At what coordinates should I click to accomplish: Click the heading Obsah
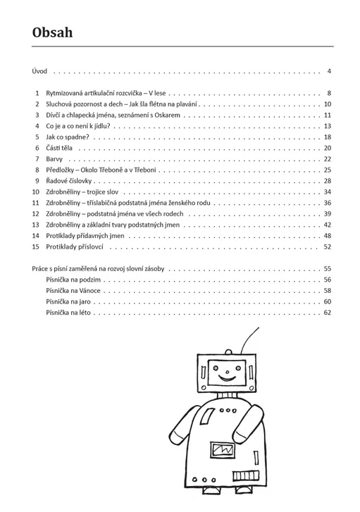tap(52, 32)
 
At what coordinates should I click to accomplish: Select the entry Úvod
tap(39, 71)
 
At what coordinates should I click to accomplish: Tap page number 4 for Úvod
tap(329, 71)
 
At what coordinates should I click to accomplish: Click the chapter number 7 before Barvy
tap(37, 159)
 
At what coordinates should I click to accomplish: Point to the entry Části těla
tap(59, 148)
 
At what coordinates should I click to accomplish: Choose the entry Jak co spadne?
tap(68, 137)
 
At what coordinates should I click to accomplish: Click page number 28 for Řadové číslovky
tap(328, 181)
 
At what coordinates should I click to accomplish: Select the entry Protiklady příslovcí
tap(75, 247)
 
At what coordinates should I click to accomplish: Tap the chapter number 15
tap(36, 247)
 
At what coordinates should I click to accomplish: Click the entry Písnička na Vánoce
tap(73, 291)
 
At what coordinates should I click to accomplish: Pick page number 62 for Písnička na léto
tap(328, 313)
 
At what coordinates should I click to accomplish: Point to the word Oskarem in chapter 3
tap(167, 115)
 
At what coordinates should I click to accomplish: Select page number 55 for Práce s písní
tap(328, 269)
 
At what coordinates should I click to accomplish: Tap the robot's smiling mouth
tap(227, 378)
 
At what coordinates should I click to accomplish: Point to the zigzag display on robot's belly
tap(223, 450)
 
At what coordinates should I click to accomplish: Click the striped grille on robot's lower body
tap(246, 475)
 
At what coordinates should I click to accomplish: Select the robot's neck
tap(227, 394)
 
